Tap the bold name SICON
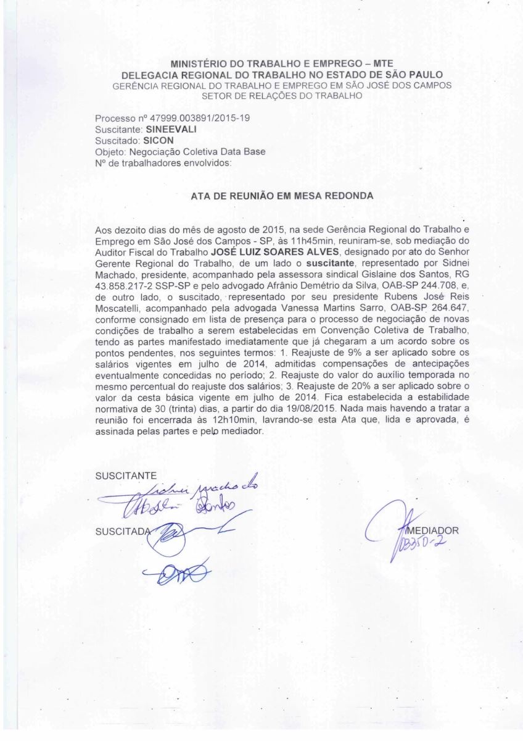(x=158, y=141)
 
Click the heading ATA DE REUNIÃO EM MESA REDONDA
(x=282, y=195)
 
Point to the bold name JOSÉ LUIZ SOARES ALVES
(x=276, y=252)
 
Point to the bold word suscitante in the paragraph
(x=331, y=262)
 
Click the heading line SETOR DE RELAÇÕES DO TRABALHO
(x=282, y=96)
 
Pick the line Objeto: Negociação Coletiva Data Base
(x=180, y=152)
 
